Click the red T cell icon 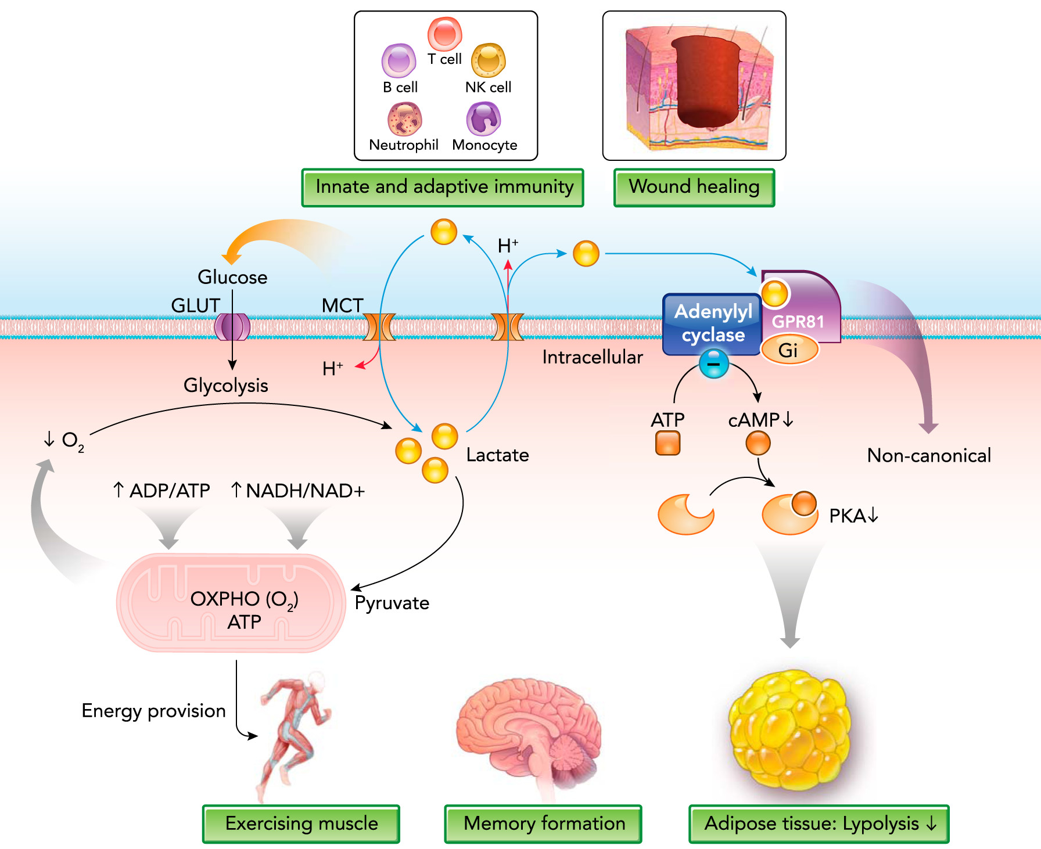coord(444,33)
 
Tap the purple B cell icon coord(399,60)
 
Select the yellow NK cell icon coord(488,60)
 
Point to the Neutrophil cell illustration coord(404,119)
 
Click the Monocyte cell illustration coord(483,118)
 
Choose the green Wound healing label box coord(694,188)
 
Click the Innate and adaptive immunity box coord(443,188)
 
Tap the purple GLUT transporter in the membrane coord(232,327)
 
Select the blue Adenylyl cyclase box coord(712,323)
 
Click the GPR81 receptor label coord(798,322)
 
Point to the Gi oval coord(789,350)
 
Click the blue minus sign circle coord(713,364)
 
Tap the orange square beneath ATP coord(667,444)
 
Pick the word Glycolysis coord(225,386)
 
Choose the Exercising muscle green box coord(301,823)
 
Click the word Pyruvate coord(392,603)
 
